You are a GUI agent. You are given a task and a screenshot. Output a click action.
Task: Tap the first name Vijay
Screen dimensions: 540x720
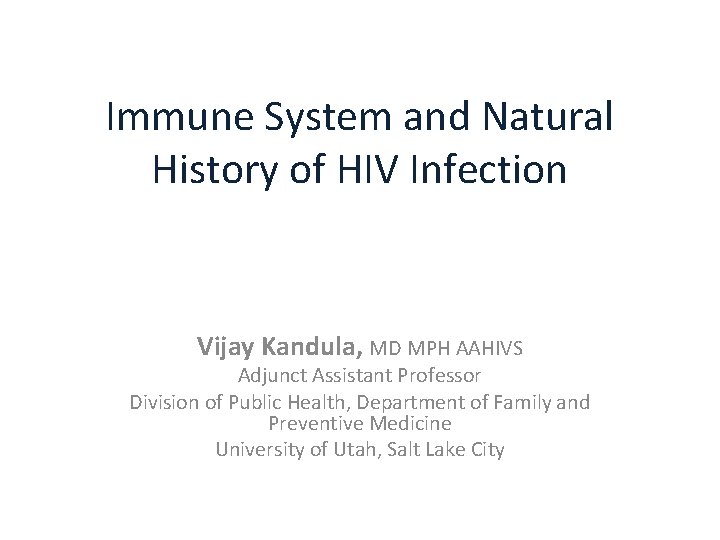pyautogui.click(x=231, y=349)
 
